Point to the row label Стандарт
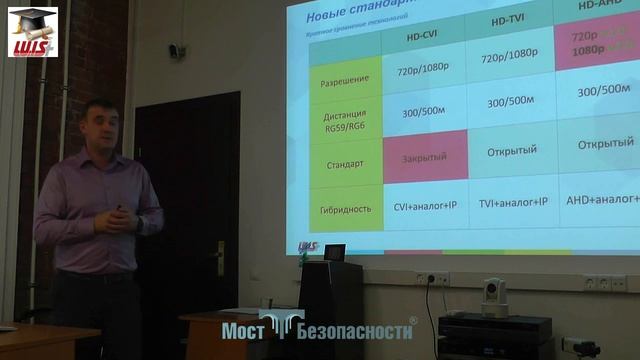[345, 162]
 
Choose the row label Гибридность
[346, 209]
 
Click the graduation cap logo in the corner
[32, 30]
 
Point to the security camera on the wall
[177, 50]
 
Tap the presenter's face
[102, 128]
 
